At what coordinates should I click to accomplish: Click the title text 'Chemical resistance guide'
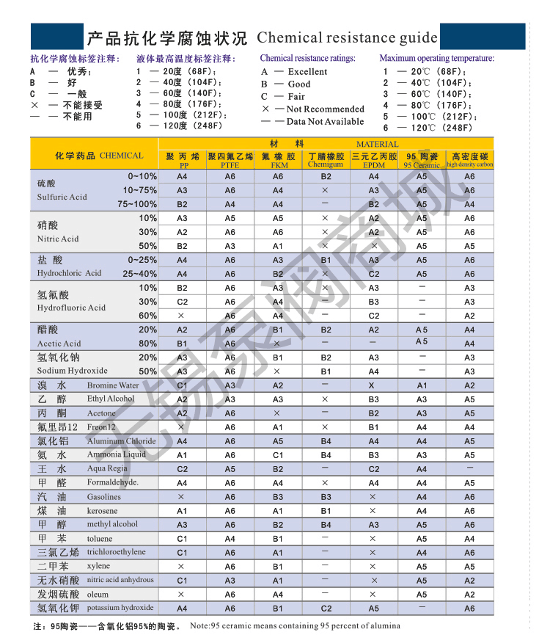[x=347, y=38]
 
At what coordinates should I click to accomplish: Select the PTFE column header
[x=230, y=165]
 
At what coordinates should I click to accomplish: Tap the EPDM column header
[x=373, y=165]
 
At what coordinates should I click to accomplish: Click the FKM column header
[x=278, y=165]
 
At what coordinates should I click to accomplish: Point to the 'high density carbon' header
[x=469, y=165]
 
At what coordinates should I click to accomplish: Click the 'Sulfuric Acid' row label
[x=62, y=197]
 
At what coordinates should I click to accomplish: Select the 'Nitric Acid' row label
[x=58, y=239]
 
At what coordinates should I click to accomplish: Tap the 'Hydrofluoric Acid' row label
[x=71, y=308]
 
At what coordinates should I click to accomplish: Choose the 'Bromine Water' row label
[x=112, y=385]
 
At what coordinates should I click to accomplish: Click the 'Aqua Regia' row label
[x=107, y=468]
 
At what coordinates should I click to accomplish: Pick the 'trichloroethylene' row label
[x=116, y=552]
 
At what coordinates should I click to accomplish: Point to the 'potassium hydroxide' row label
[x=120, y=608]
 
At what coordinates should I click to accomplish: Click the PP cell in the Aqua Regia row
[x=182, y=469]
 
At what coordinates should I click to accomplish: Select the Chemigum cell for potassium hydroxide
[x=326, y=609]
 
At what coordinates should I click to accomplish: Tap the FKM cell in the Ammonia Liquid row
[x=278, y=455]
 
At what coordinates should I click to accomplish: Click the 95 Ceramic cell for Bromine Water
[x=422, y=385]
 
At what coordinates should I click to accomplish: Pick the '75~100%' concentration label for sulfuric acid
[x=137, y=204]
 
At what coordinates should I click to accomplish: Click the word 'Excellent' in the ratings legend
[x=307, y=72]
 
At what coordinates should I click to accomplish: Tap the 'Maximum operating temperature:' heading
[x=436, y=58]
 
